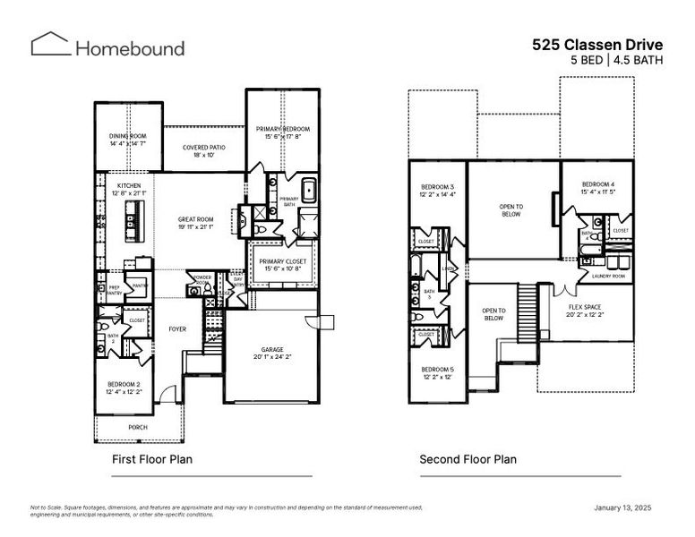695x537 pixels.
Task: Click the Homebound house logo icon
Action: [50, 45]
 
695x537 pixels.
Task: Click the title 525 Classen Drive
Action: [596, 43]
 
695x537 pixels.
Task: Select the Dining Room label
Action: [128, 140]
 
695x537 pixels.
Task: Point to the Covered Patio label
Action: [203, 150]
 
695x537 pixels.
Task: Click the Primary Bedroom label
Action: [282, 132]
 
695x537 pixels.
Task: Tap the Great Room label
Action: [194, 224]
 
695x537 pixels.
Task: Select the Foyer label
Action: [177, 328]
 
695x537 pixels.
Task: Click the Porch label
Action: [138, 427]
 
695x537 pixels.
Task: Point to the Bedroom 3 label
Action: [438, 190]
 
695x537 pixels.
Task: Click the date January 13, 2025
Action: [622, 507]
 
